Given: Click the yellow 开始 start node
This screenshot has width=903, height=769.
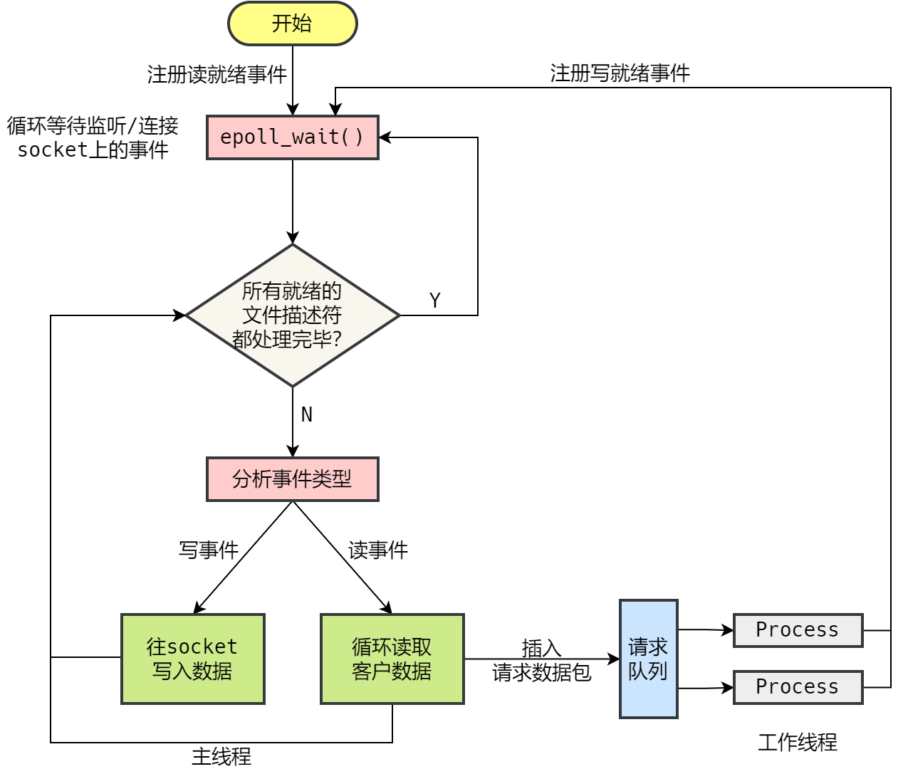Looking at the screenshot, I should [292, 23].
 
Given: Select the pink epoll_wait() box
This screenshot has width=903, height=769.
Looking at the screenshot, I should [292, 137].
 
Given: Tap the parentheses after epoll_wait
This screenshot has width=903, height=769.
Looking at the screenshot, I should [352, 137].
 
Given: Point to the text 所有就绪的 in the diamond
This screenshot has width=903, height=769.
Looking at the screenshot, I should [292, 291].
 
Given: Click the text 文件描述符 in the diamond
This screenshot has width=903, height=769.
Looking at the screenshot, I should [292, 315].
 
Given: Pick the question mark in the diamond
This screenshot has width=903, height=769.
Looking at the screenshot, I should [338, 339].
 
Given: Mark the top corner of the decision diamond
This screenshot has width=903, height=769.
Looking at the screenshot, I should [293, 246].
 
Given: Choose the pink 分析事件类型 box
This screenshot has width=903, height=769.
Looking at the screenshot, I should [292, 479].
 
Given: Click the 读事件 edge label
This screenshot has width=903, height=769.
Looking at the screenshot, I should [378, 550].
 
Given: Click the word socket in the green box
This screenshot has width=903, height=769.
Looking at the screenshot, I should [202, 647].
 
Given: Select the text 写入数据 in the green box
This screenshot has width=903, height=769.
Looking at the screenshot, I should [192, 671].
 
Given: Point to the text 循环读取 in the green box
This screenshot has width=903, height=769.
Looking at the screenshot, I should [392, 647].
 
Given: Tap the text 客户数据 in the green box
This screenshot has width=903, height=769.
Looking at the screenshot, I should [392, 671].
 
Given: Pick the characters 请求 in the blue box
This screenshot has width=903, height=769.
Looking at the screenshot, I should [648, 647].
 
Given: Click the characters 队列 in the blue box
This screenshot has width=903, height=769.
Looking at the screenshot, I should [648, 671].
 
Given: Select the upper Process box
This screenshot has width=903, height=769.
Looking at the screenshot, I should [798, 630].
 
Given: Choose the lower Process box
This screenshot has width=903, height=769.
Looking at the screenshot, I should [798, 687].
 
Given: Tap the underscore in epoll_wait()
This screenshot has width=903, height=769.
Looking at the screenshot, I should [286, 145].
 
